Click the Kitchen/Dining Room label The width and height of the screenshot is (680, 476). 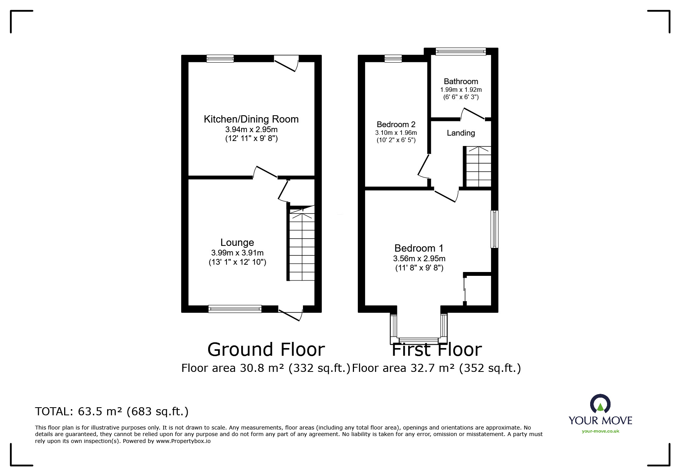pyautogui.click(x=251, y=119)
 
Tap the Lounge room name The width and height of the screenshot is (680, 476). pyautogui.click(x=237, y=242)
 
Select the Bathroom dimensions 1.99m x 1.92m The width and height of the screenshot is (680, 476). pyautogui.click(x=461, y=90)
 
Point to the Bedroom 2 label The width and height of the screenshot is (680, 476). pyautogui.click(x=396, y=124)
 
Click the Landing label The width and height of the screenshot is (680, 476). pyautogui.click(x=461, y=133)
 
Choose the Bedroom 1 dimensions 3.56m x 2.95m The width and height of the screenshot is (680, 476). pyautogui.click(x=419, y=259)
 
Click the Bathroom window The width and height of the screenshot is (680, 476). pyautogui.click(x=461, y=51)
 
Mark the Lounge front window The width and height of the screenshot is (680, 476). pyautogui.click(x=235, y=308)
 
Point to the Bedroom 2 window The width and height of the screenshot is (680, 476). pyautogui.click(x=393, y=59)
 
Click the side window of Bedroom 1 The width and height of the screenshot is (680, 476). pyautogui.click(x=495, y=229)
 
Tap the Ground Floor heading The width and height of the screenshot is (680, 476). pyautogui.click(x=266, y=350)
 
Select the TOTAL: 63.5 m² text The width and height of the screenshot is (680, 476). pyautogui.click(x=112, y=412)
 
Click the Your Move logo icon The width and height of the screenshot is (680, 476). pyautogui.click(x=600, y=404)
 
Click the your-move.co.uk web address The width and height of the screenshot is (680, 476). pyautogui.click(x=601, y=431)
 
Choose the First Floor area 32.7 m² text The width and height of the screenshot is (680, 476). pyautogui.click(x=436, y=368)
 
